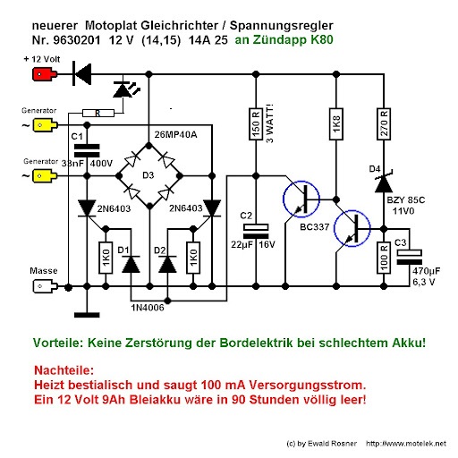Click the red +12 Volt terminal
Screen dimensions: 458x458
[45, 74]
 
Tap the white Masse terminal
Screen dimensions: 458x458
[45, 286]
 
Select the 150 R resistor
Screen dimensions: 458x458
[256, 124]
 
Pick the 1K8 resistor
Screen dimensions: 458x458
[336, 124]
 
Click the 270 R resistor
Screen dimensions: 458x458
[384, 124]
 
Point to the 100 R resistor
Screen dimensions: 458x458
[384, 258]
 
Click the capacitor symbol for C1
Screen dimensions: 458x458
[87, 151]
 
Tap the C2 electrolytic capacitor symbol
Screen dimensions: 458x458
[256, 231]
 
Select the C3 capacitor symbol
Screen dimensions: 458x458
[409, 257]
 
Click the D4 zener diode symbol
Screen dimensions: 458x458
[384, 182]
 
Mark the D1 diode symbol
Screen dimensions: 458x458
[131, 264]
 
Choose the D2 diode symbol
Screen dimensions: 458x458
[167, 264]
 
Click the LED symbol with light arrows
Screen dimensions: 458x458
[126, 89]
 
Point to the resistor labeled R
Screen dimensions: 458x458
[98, 113]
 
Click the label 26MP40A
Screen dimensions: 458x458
[175, 135]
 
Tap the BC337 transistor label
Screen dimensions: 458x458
[315, 227]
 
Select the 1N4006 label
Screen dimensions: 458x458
[148, 308]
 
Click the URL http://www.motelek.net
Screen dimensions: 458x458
[406, 444]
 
